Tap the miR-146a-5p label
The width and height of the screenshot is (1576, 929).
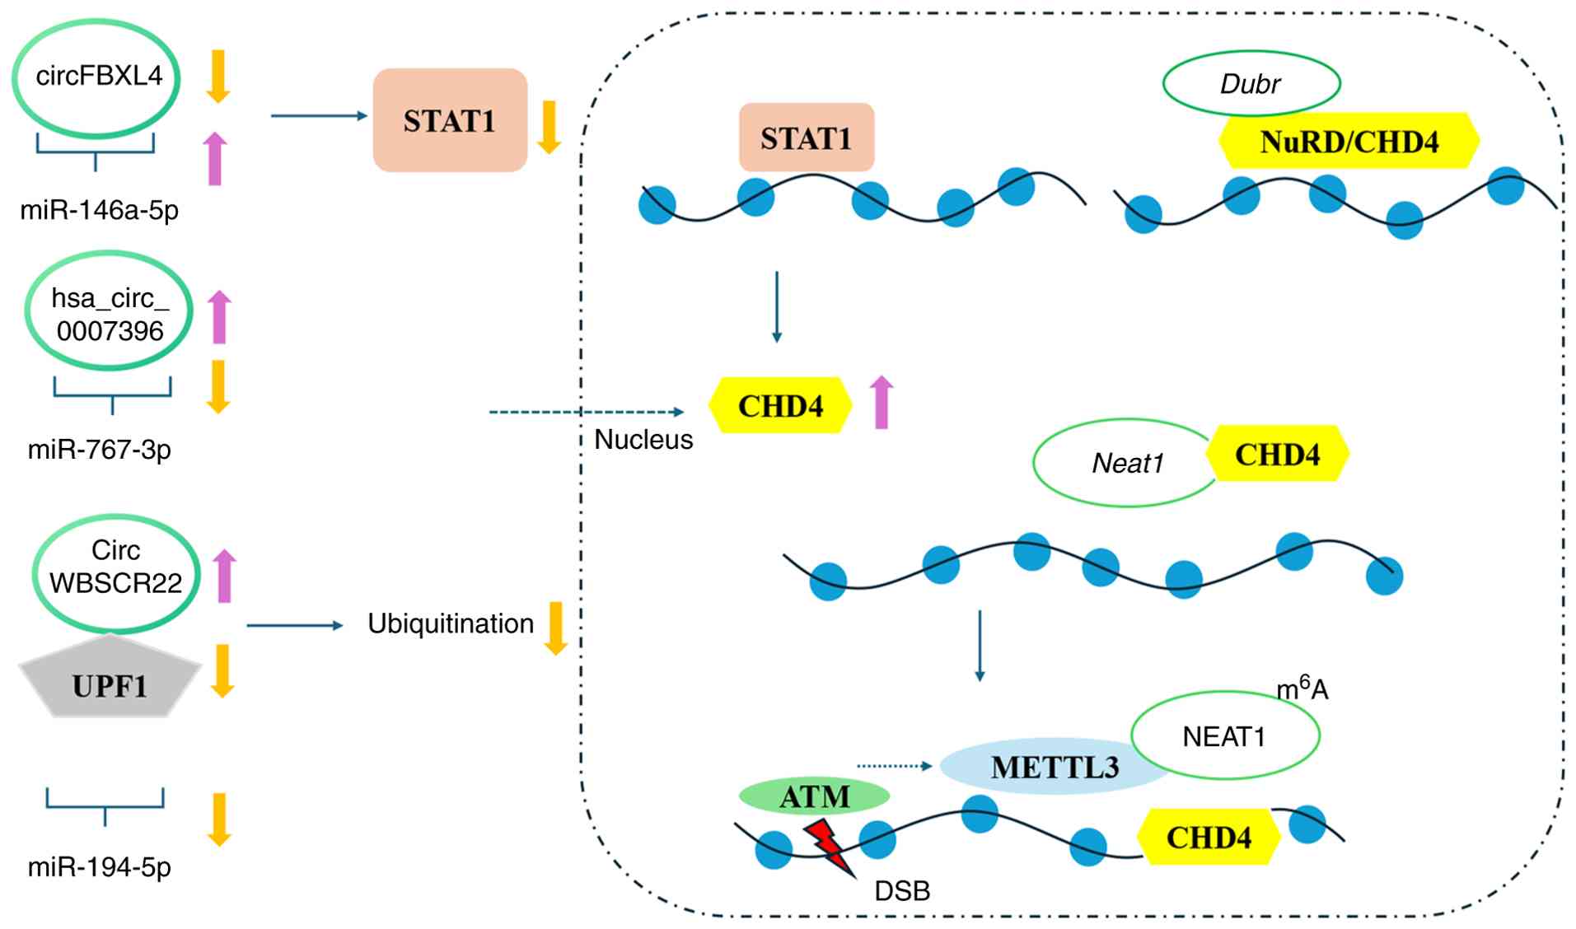tap(99, 211)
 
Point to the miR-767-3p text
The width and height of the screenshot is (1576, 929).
tap(99, 450)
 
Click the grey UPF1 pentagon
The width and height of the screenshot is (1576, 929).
tap(110, 684)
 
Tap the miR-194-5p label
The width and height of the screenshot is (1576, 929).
tap(99, 867)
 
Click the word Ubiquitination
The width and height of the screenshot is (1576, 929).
tap(451, 624)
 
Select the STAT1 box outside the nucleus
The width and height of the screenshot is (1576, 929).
tap(449, 121)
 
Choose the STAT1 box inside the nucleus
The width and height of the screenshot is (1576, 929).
tap(806, 138)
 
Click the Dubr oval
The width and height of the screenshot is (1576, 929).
tap(1251, 83)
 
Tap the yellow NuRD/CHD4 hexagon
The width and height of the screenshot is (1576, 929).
tap(1349, 142)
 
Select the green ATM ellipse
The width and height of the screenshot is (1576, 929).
tap(814, 796)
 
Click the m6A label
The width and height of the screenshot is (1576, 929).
tap(1302, 688)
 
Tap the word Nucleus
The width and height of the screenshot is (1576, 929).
tap(643, 440)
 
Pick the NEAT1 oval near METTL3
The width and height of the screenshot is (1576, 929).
tap(1224, 736)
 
